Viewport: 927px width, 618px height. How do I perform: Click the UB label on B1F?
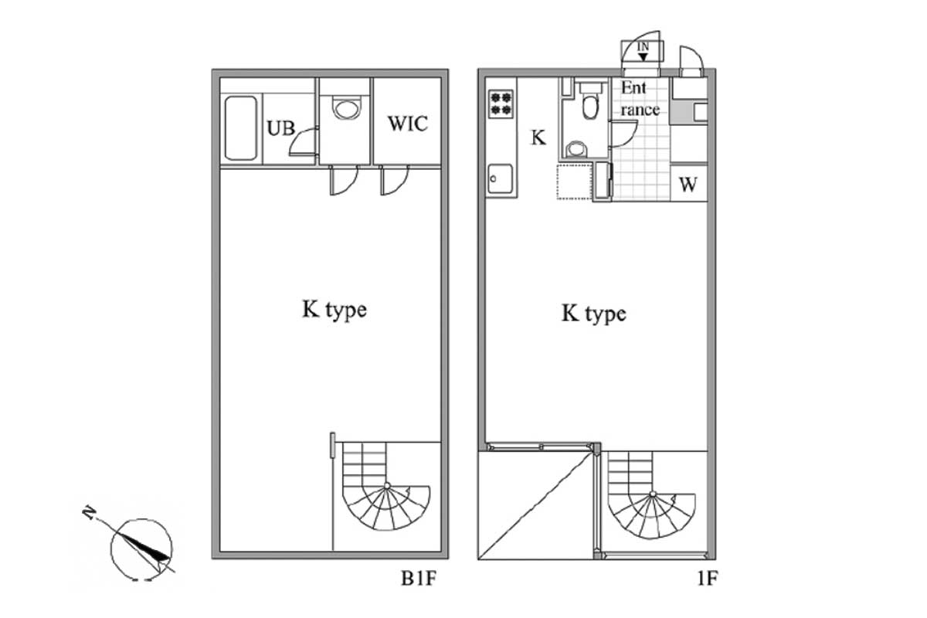(281, 128)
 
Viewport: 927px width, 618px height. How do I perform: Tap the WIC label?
(408, 124)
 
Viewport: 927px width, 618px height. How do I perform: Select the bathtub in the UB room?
(241, 128)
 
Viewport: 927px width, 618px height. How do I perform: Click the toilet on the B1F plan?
(347, 108)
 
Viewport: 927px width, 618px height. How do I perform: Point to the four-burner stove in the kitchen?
(501, 104)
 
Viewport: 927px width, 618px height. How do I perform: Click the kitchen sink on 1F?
(501, 178)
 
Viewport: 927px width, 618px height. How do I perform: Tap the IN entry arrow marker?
(643, 52)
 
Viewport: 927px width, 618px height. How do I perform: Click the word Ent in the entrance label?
(633, 88)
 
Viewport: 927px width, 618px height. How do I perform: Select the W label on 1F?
(688, 185)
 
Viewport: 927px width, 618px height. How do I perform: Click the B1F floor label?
(419, 579)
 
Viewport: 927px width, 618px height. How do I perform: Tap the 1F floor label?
(708, 579)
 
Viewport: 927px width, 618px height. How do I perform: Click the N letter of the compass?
(89, 513)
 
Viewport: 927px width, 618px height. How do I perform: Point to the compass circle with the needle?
(141, 549)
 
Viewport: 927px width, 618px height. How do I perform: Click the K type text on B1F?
(334, 310)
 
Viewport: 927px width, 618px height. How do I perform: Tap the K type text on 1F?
(594, 314)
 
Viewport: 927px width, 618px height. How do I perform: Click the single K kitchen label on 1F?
(538, 138)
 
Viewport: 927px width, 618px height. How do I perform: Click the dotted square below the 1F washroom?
(575, 182)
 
